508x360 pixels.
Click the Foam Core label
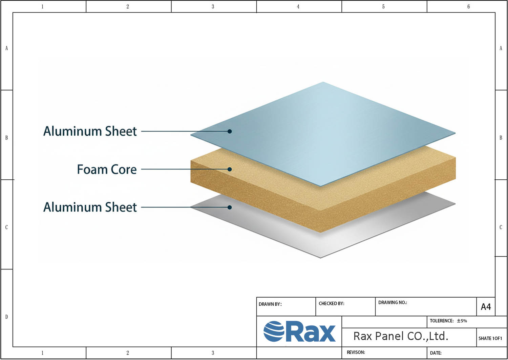(107, 169)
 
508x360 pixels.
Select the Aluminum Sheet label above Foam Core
(90, 131)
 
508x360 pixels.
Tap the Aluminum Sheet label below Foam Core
(90, 207)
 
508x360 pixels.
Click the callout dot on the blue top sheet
(230, 131)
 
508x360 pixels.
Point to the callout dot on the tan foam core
(230, 169)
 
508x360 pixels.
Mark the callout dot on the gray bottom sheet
(230, 207)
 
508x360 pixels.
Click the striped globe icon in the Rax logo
(274, 331)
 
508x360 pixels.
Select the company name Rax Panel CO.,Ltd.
(401, 336)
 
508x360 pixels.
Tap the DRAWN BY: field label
(270, 304)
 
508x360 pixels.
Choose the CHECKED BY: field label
(331, 303)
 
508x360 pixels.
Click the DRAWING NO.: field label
(393, 302)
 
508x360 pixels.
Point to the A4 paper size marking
(486, 307)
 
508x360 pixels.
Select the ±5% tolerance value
(462, 321)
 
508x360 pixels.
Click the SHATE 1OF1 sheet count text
(490, 338)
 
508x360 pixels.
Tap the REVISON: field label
(356, 353)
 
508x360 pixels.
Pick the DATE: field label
(436, 353)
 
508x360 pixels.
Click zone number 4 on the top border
(298, 6)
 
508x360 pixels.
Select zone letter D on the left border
(6, 317)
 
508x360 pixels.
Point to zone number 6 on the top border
(468, 6)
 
